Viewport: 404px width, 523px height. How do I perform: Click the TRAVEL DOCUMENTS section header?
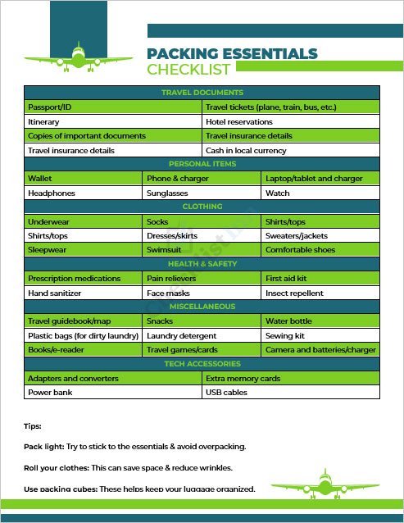tap(202, 93)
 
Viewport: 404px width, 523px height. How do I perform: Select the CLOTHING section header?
tap(202, 207)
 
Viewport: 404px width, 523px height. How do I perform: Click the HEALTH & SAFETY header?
tap(202, 264)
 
